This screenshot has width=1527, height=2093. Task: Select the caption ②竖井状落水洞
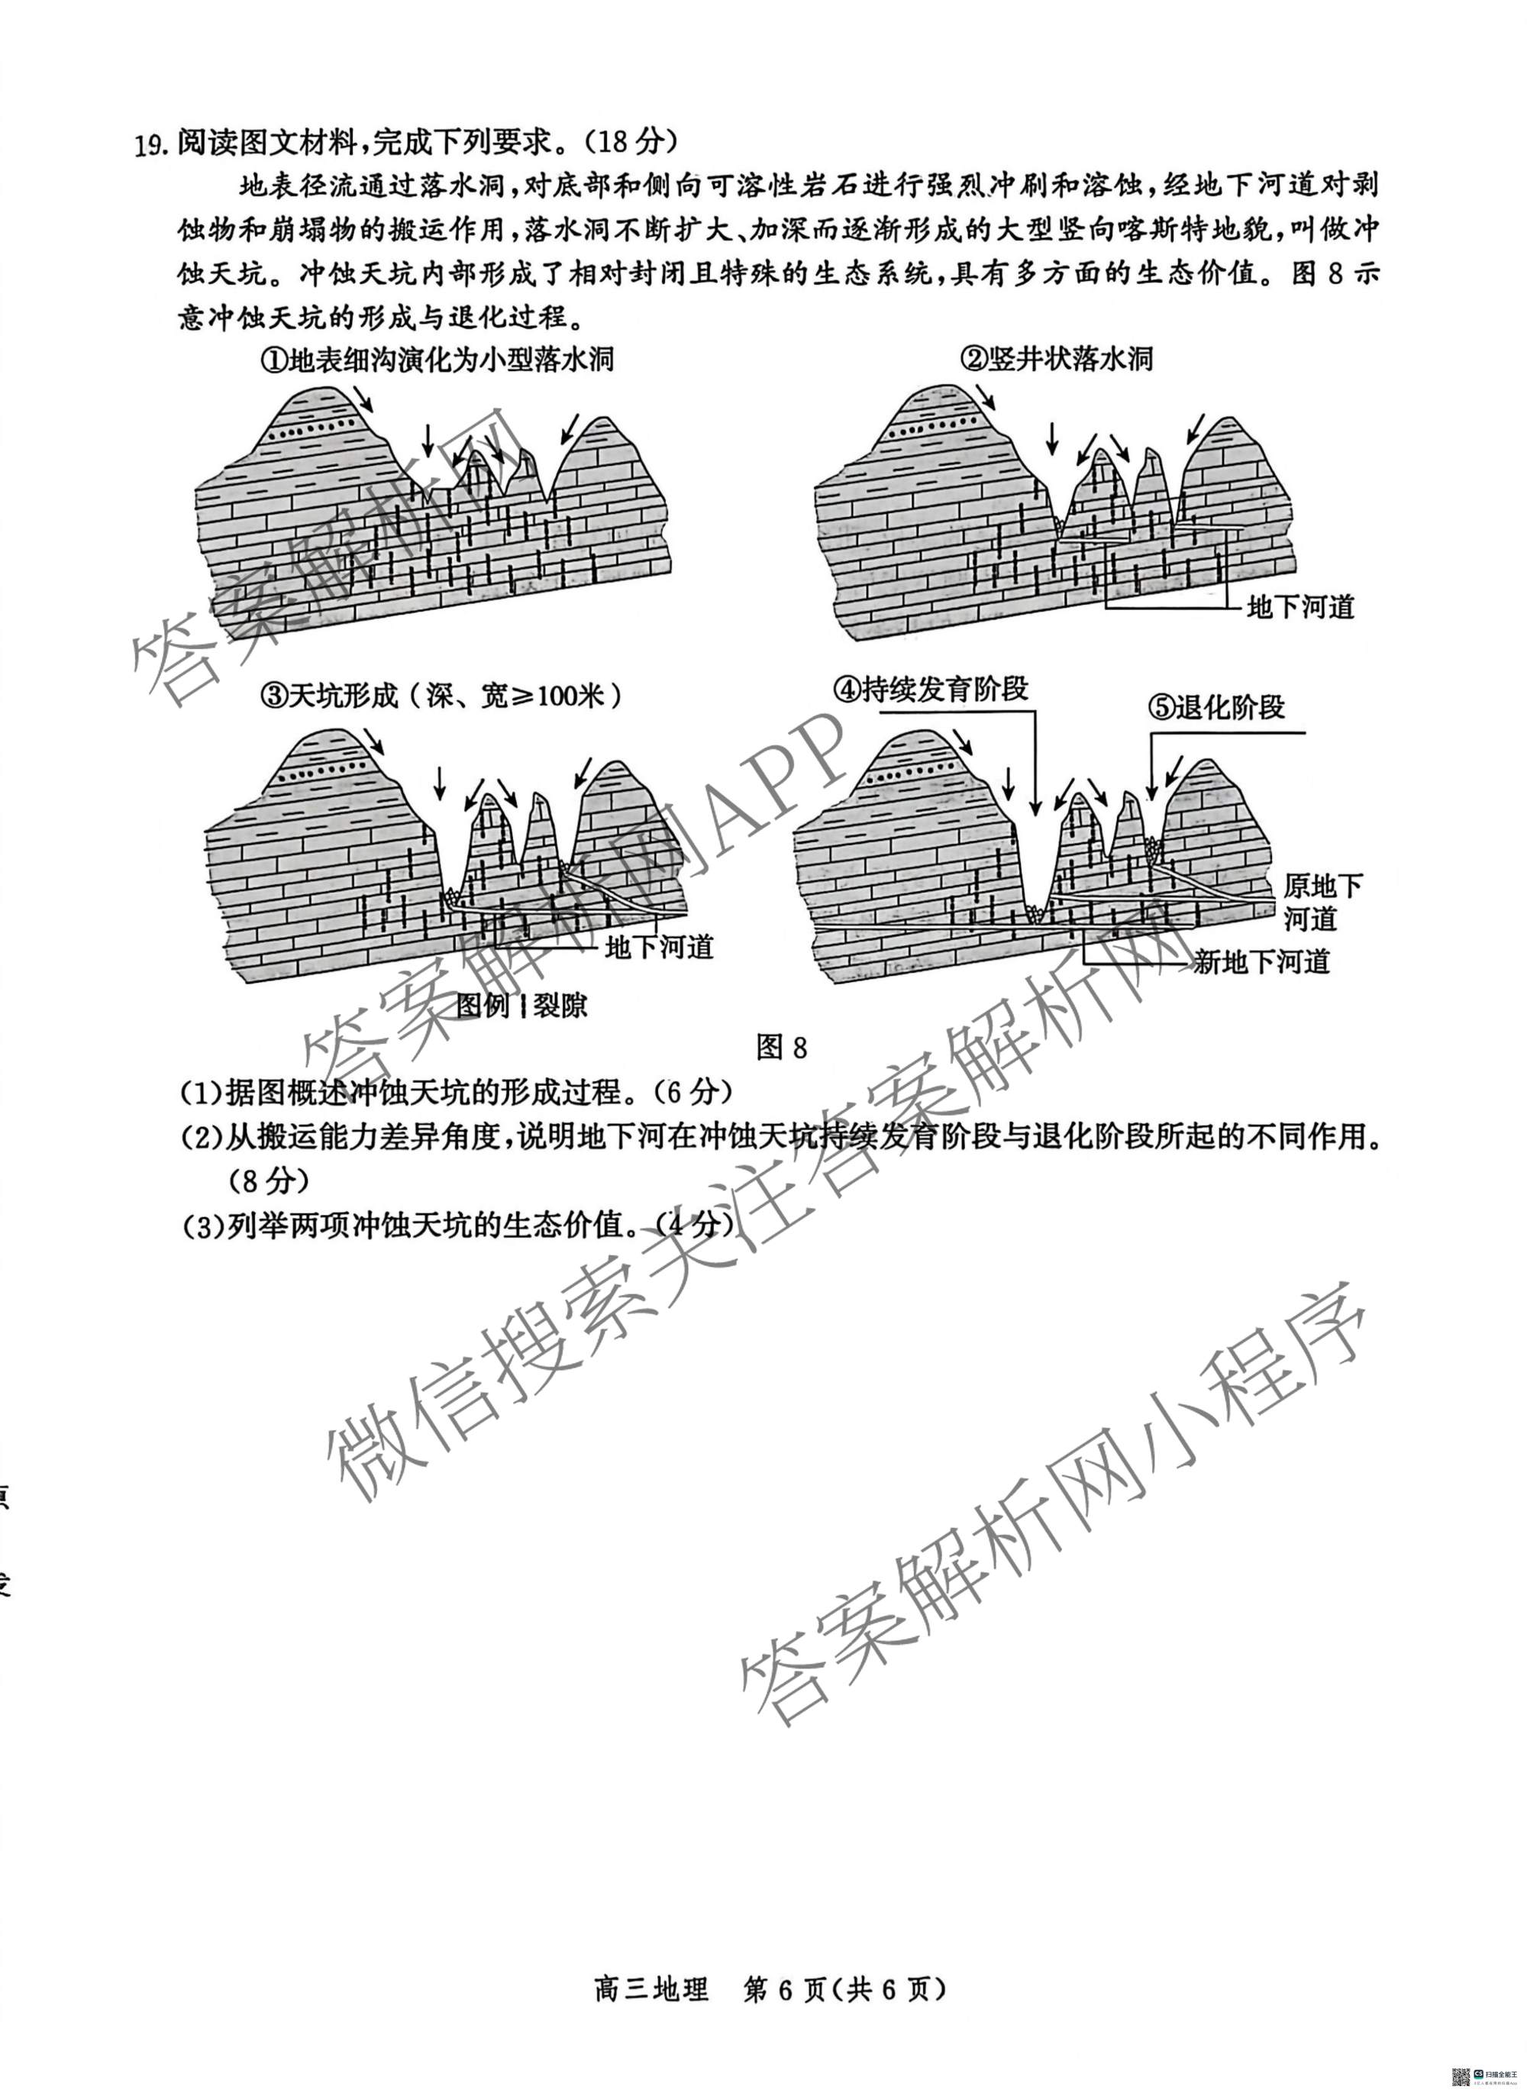(1057, 359)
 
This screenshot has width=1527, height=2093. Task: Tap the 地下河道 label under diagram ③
(659, 948)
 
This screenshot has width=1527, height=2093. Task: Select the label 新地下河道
(1261, 964)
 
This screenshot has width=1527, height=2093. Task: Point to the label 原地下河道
(1322, 903)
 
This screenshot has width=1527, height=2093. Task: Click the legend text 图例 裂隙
(522, 1005)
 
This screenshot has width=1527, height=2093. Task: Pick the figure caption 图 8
(781, 1048)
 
